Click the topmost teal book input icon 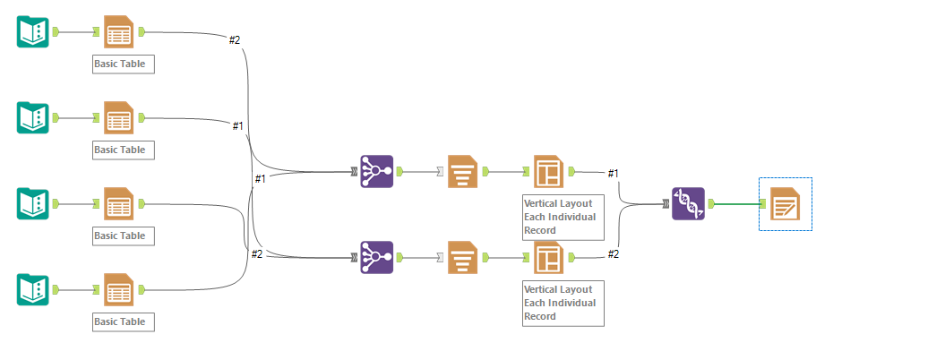[33, 32]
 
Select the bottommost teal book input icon [33, 289]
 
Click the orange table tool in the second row [119, 117]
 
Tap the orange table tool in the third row [119, 203]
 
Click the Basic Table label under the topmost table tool [124, 64]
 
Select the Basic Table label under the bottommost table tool [124, 321]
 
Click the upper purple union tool [376, 171]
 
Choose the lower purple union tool [376, 257]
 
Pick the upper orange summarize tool [462, 171]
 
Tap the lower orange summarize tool [462, 257]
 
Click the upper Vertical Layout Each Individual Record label [563, 217]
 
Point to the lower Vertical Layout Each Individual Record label [563, 303]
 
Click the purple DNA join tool [688, 204]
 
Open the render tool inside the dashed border [785, 204]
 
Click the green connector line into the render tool [736, 204]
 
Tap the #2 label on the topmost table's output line [235, 39]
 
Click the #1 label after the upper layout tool [614, 173]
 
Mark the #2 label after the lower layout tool [614, 253]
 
